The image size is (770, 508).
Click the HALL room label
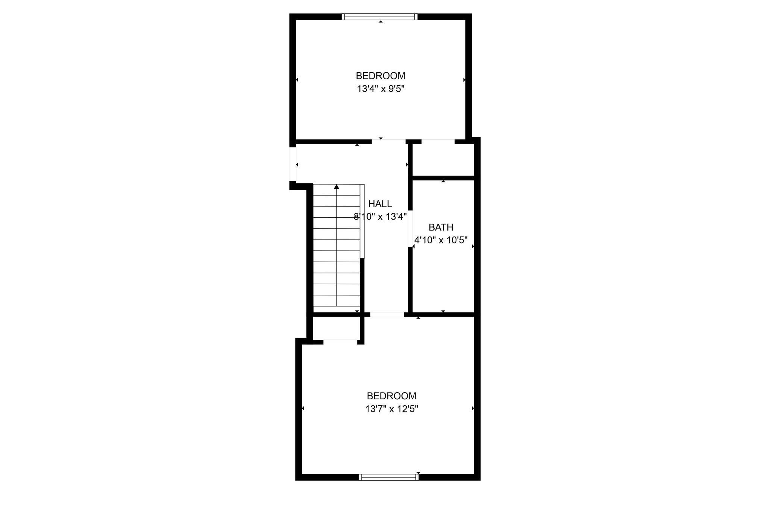click(x=380, y=204)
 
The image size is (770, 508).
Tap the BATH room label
click(x=441, y=227)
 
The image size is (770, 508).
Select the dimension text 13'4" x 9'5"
click(x=380, y=89)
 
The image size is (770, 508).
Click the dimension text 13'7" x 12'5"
click(x=392, y=409)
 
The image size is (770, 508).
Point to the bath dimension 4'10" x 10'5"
click(x=441, y=240)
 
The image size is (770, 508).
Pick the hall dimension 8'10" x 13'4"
click(x=380, y=217)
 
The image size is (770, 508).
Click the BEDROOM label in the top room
click(x=380, y=76)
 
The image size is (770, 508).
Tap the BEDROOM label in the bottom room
click(x=392, y=396)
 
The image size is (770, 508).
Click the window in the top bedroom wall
click(x=380, y=17)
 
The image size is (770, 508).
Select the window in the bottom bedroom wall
click(x=389, y=477)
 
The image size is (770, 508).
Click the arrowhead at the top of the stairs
click(x=336, y=187)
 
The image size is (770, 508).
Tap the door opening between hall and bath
click(x=411, y=228)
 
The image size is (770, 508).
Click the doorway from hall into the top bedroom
click(x=389, y=141)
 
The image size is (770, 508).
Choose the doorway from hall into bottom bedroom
click(x=387, y=314)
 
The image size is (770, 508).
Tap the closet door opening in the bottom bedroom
click(x=340, y=342)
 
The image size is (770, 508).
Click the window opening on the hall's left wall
click(x=293, y=164)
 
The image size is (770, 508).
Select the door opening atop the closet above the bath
click(x=438, y=141)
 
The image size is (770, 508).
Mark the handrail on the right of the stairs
click(x=362, y=221)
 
